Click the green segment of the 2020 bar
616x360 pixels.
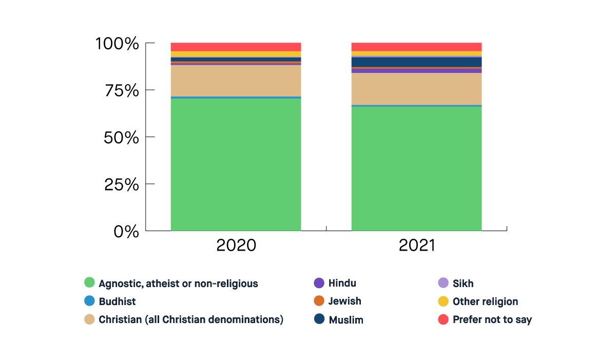tap(236, 164)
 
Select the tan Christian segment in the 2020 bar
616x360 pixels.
tap(236, 81)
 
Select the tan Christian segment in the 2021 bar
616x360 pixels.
tap(416, 89)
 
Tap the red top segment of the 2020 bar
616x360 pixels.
tap(236, 47)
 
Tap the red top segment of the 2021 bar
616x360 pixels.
tap(416, 47)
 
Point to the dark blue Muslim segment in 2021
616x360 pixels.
tap(416, 62)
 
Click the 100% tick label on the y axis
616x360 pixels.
tap(117, 44)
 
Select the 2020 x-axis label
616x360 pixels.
tap(236, 245)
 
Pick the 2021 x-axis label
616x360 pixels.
tap(416, 245)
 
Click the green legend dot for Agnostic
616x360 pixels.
tap(89, 282)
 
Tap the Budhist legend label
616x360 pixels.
tap(117, 301)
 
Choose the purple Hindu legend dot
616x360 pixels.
tap(319, 282)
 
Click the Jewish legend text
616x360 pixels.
tap(344, 301)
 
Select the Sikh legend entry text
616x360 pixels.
tap(463, 283)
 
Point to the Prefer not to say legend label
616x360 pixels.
tap(492, 319)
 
